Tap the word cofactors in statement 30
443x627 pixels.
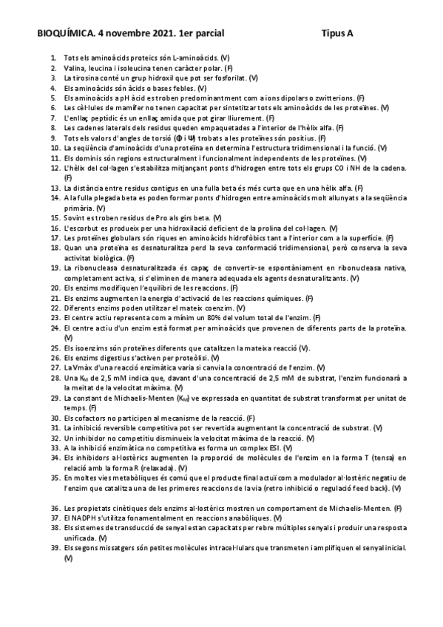coord(90,418)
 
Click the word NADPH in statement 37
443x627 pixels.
coord(86,518)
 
